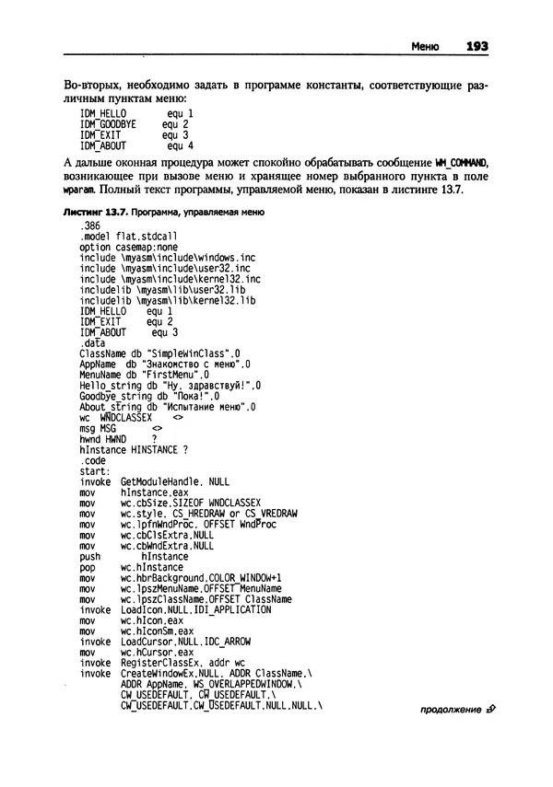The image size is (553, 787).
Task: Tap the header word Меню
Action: tap(424, 45)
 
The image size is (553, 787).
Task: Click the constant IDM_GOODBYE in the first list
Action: tap(108, 123)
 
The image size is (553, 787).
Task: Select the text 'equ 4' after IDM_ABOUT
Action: tap(180, 145)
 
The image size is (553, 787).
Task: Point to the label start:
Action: tap(96, 469)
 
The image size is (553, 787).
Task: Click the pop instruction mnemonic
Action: tap(89, 567)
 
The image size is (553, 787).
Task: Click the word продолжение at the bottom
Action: tap(450, 711)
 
